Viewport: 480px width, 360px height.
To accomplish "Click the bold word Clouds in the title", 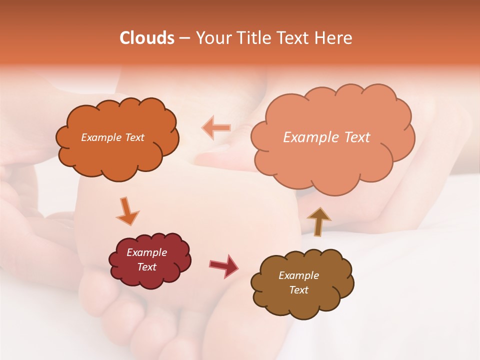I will [x=147, y=38].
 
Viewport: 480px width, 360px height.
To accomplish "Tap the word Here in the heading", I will [x=334, y=38].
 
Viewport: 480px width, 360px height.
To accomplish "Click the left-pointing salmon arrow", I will [x=216, y=127].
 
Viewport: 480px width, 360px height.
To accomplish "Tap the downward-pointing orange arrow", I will [x=127, y=210].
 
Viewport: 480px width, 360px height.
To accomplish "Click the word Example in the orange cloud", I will [x=101, y=137].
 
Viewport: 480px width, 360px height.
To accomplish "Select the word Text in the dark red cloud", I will [x=146, y=267].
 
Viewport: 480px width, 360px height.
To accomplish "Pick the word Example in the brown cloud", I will [x=298, y=275].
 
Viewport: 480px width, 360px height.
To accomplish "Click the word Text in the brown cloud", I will [x=298, y=290].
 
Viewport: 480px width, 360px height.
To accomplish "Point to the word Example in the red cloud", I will [x=146, y=252].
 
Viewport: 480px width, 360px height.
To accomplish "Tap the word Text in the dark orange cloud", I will [x=134, y=137].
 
